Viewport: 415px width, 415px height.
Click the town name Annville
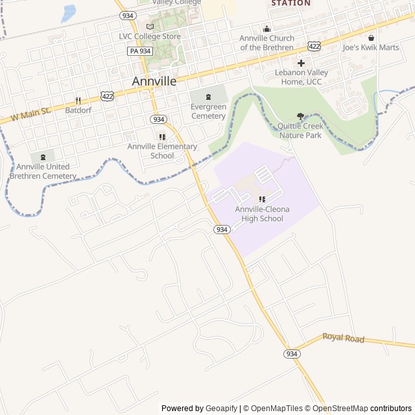[x=154, y=82]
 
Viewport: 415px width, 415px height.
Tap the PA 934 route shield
[x=140, y=51]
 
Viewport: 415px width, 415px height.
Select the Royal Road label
[x=343, y=338]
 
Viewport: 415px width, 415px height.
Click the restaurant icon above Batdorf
[x=78, y=101]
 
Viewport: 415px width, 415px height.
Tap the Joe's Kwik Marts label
[x=371, y=47]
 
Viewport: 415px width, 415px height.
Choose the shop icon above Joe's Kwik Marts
[x=371, y=38]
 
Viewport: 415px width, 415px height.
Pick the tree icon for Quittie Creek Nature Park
[x=300, y=116]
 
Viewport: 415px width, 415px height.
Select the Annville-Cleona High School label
[x=262, y=214]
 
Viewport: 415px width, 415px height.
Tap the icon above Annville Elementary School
[x=162, y=137]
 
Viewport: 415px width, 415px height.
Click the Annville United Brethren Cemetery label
[x=43, y=171]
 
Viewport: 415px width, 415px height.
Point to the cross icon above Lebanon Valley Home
[x=301, y=63]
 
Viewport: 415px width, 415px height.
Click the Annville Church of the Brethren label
[x=267, y=43]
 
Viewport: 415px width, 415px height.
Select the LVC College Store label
[x=150, y=36]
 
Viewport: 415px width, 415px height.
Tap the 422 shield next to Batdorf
[x=108, y=96]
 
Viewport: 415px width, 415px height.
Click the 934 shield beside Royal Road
[x=292, y=353]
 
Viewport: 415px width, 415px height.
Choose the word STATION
[x=290, y=3]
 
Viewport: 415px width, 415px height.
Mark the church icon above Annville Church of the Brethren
[x=267, y=29]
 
